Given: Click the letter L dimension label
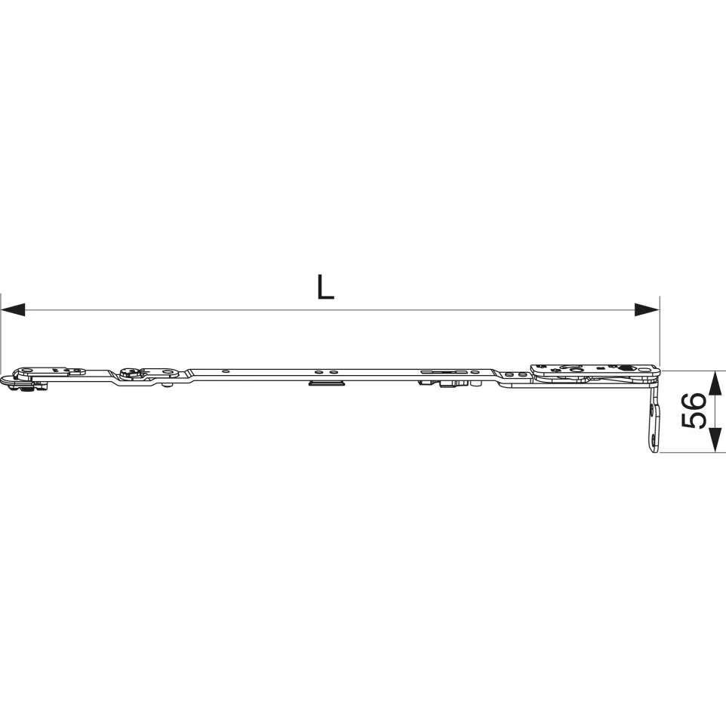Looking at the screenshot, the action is click(x=325, y=287).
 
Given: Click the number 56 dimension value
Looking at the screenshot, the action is click(x=694, y=411).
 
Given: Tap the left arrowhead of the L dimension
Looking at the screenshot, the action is click(x=13, y=309).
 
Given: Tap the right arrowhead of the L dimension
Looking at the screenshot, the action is click(x=646, y=309).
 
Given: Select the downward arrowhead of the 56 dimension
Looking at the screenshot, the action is click(x=715, y=440).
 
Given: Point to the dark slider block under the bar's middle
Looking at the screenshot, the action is click(x=327, y=383).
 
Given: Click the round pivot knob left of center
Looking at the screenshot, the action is click(x=128, y=372).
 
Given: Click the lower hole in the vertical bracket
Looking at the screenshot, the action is click(x=653, y=440).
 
